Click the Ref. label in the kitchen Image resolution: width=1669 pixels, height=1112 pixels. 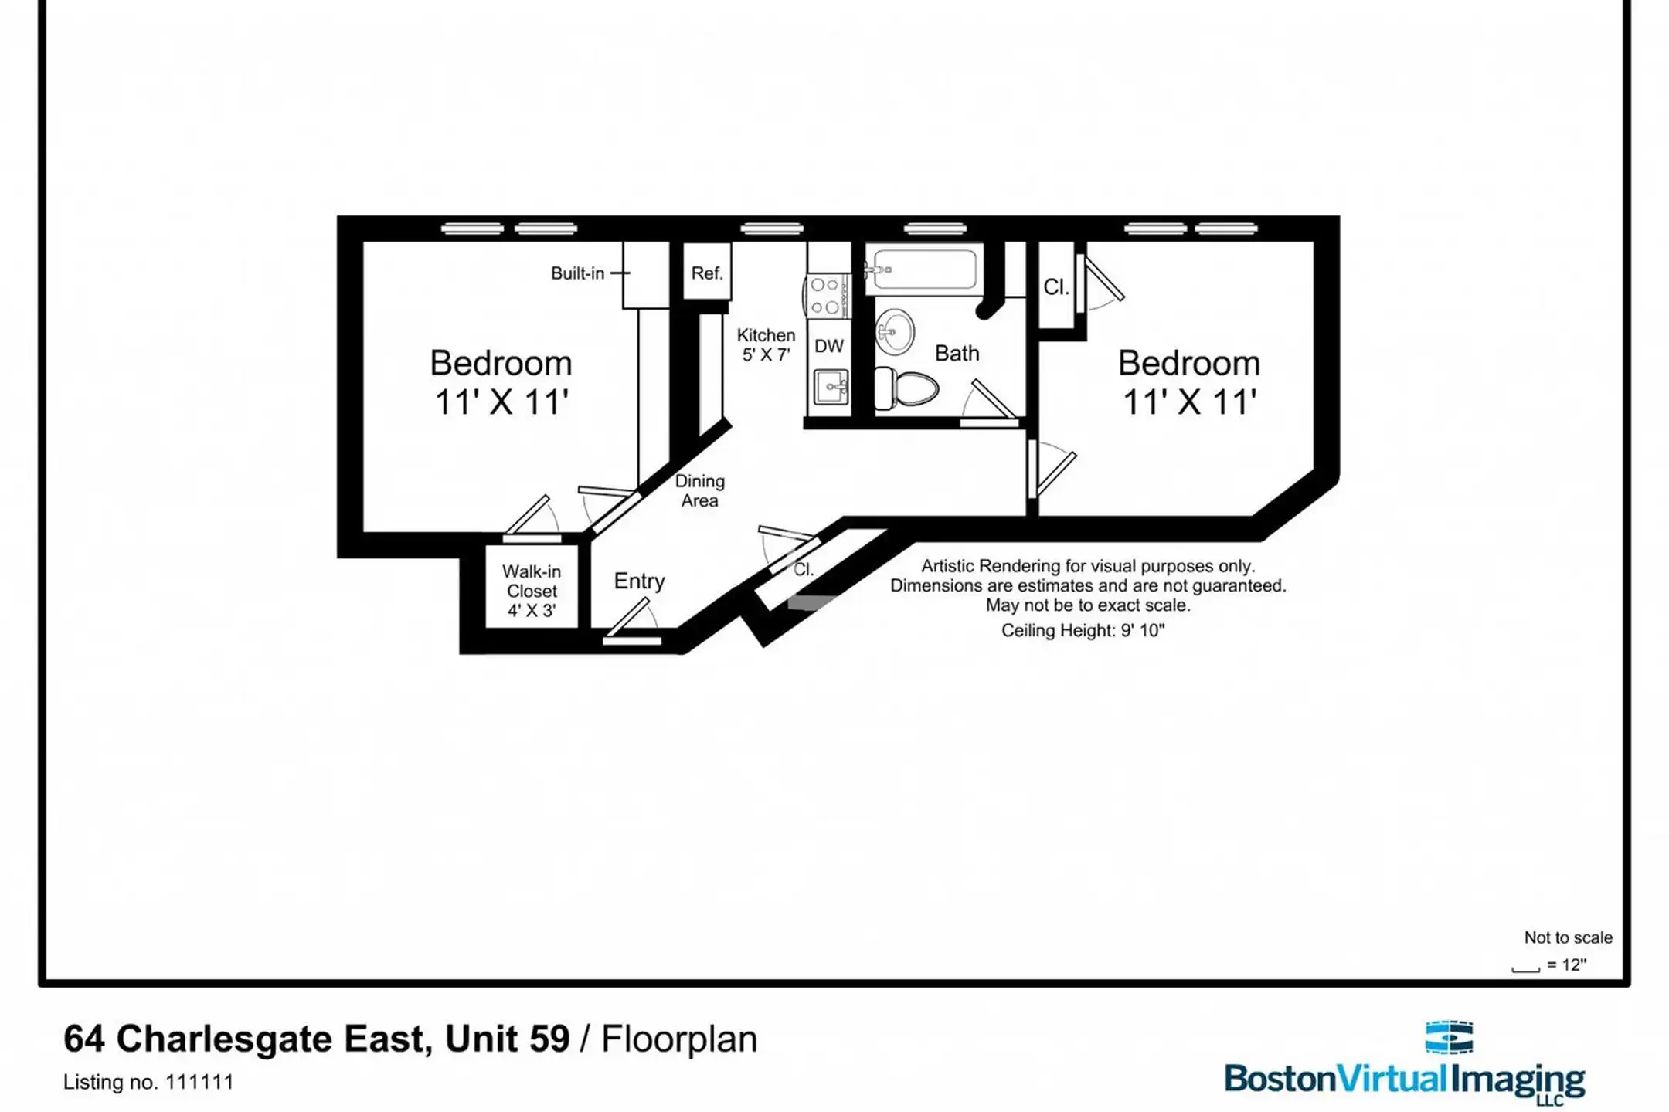707,273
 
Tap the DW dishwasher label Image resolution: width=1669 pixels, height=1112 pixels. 829,346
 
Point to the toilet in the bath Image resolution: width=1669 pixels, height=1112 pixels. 906,388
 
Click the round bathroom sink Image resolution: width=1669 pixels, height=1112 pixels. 895,332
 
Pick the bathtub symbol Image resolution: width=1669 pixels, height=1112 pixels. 924,269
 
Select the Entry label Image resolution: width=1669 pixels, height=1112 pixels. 639,581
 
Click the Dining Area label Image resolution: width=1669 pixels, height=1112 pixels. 700,491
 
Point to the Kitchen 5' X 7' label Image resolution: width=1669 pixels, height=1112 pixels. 766,344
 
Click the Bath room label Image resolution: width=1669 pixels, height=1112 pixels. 957,353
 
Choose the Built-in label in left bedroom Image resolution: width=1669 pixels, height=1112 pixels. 577,273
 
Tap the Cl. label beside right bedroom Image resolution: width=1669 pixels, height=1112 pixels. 1056,287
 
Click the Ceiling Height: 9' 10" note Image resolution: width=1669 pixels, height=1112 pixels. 1083,630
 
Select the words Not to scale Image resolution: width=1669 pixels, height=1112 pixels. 1568,937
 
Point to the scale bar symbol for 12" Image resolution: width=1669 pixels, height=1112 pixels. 1525,968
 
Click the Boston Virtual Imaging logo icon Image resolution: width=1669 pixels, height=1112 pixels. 1449,1037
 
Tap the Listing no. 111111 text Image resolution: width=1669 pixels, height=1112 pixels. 148,1082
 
